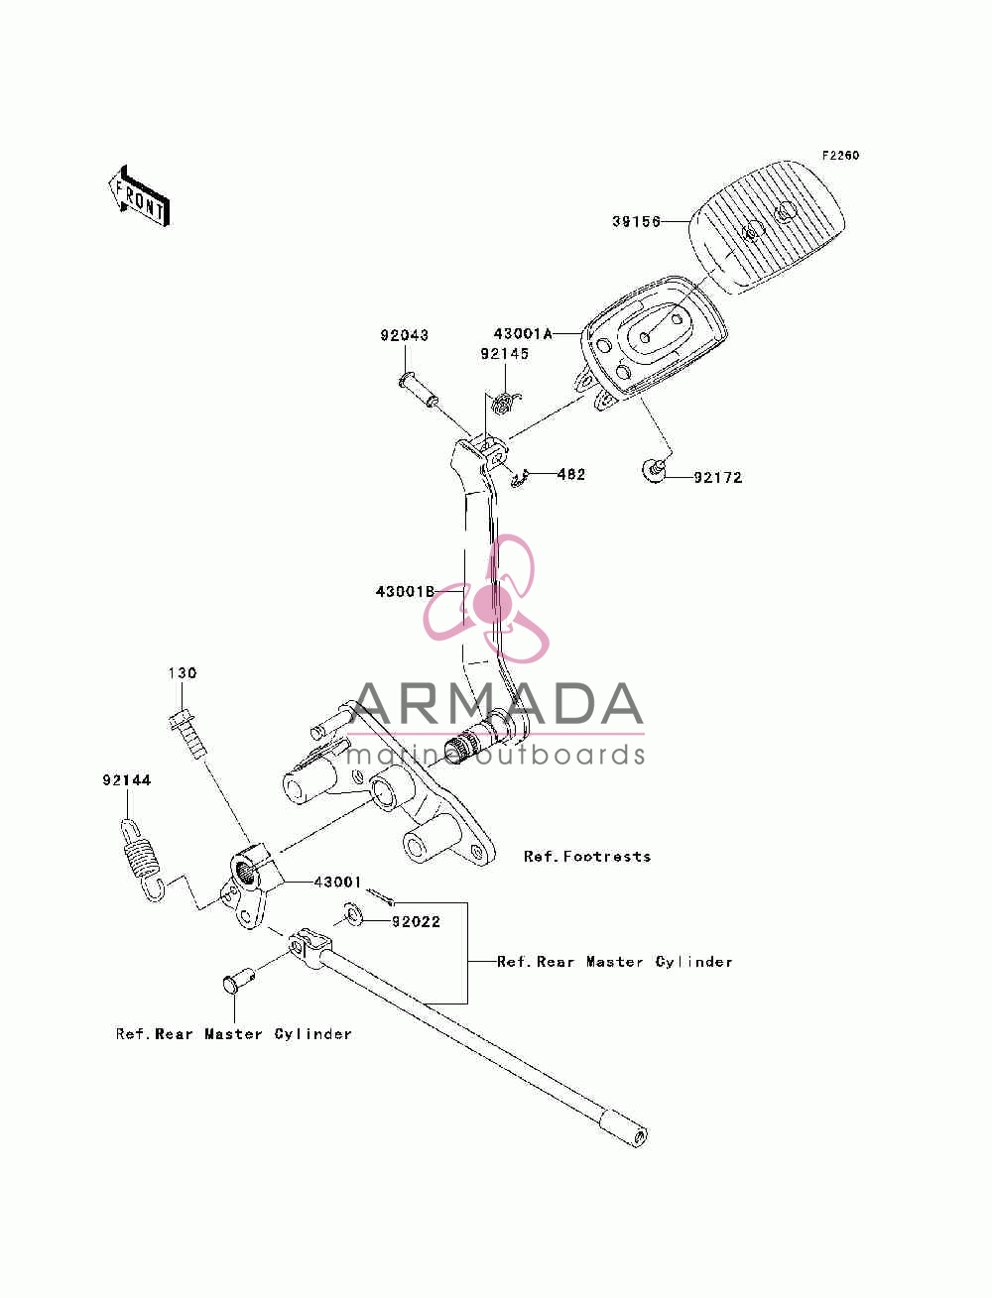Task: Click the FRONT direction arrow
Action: tap(140, 196)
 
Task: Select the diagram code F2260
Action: tap(840, 156)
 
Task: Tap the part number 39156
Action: tap(636, 222)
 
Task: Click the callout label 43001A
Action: tap(523, 334)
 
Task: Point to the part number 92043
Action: tap(404, 335)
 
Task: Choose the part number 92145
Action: tap(504, 354)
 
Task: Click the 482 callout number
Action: tap(570, 474)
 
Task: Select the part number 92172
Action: tap(717, 477)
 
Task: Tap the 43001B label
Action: tap(405, 591)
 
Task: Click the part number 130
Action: tap(183, 673)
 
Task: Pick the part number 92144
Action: tap(127, 780)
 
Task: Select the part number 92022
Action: tap(416, 922)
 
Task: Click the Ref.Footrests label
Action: tap(587, 857)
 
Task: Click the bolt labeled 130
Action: tap(188, 735)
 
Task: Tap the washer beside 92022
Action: tap(353, 914)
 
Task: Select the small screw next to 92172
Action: tap(653, 471)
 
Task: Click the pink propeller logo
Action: tap(486, 599)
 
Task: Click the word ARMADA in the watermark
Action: tap(496, 703)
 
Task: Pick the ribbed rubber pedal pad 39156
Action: tap(767, 228)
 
